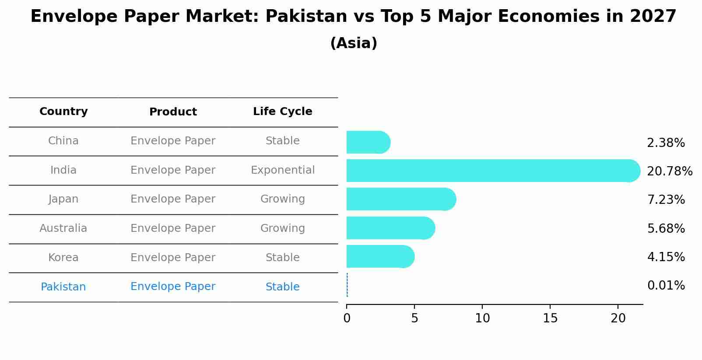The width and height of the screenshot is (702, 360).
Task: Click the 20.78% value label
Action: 669,171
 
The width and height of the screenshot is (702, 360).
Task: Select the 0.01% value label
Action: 666,286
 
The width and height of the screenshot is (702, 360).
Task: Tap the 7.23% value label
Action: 666,199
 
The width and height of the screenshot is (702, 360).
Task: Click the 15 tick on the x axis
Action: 550,318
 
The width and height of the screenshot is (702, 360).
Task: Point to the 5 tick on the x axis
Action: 414,318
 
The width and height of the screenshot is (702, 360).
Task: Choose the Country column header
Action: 63,112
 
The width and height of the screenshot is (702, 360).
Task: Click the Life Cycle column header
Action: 282,112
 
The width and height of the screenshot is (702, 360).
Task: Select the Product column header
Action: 173,112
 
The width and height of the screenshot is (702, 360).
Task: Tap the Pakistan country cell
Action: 63,287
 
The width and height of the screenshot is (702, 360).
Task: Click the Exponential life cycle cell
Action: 282,170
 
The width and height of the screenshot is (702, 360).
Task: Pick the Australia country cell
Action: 63,228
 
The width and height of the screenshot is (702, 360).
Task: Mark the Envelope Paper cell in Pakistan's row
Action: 173,287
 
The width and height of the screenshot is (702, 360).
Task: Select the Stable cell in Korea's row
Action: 282,258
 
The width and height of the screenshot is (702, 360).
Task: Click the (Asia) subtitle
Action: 354,43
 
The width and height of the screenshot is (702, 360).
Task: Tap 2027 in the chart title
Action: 653,17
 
